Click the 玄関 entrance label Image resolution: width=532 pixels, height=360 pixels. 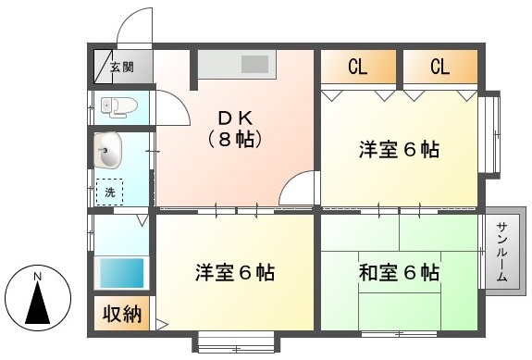tap(122, 68)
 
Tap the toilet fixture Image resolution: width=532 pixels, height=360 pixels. tap(119, 106)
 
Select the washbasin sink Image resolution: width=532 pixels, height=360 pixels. tap(107, 150)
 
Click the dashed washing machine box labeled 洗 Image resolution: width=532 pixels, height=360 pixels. tap(109, 192)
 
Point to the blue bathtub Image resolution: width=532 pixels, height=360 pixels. tap(122, 273)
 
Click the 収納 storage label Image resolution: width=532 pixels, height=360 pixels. tap(122, 313)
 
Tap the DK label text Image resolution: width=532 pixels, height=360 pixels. tap(235, 118)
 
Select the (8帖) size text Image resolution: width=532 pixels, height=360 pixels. tap(235, 139)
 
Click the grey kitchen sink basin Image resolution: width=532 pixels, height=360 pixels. tap(254, 65)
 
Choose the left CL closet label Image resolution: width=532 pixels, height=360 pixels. tap(358, 67)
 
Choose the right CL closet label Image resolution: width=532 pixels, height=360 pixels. tap(440, 67)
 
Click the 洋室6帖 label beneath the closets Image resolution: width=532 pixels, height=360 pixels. tap(400, 149)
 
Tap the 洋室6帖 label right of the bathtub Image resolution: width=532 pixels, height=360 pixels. tap(235, 272)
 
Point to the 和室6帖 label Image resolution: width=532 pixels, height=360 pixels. tap(400, 272)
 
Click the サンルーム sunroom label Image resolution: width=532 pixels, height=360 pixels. tap(502, 252)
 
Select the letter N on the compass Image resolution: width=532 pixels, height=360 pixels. tap(38, 277)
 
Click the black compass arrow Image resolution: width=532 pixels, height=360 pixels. tap(38, 303)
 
